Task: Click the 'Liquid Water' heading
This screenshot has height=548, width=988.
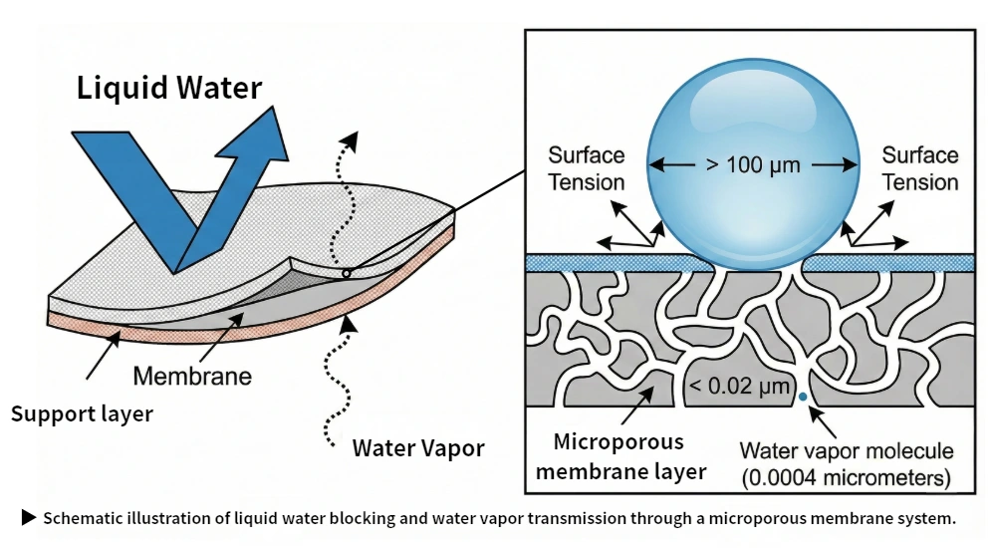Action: pos(169,88)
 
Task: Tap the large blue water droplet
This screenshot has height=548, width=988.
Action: pos(753,164)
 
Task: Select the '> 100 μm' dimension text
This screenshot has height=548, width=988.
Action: pos(753,164)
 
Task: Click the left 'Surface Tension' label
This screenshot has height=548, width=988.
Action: pos(587,168)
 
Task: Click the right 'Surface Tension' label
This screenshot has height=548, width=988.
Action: pos(919,168)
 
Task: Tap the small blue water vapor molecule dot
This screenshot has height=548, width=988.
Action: pos(803,398)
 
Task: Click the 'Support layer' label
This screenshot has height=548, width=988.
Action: pos(82,412)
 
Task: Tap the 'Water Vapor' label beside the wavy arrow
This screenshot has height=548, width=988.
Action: pos(418,447)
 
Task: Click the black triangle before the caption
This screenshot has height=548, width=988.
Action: pos(29,517)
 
